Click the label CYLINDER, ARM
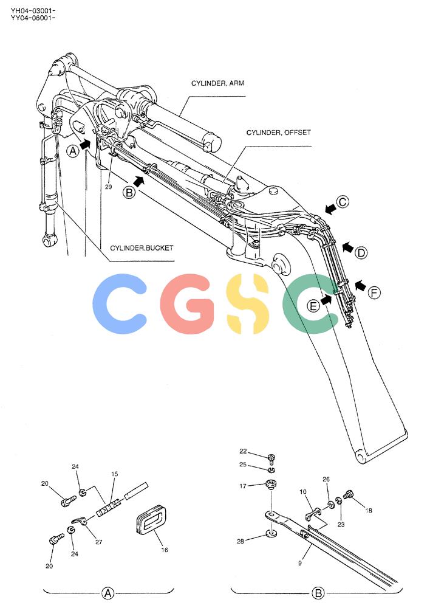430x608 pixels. [217, 83]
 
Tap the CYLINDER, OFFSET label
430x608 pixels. [279, 133]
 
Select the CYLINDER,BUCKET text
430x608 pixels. [142, 248]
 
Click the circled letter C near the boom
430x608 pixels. [343, 202]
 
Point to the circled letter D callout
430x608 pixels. [361, 253]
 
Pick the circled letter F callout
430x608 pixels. [374, 292]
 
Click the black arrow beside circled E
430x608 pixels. [327, 299]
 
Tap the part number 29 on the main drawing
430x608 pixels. [109, 187]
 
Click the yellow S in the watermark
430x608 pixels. [247, 303]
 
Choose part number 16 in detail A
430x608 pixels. [165, 550]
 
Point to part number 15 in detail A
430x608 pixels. [115, 474]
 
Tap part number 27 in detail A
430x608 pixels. [99, 542]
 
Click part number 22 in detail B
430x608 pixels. [243, 451]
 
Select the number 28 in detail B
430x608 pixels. [241, 541]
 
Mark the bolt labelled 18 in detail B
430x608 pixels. [348, 494]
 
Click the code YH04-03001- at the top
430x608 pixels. [33, 10]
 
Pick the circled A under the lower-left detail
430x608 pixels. [107, 593]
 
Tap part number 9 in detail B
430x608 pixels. [300, 562]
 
